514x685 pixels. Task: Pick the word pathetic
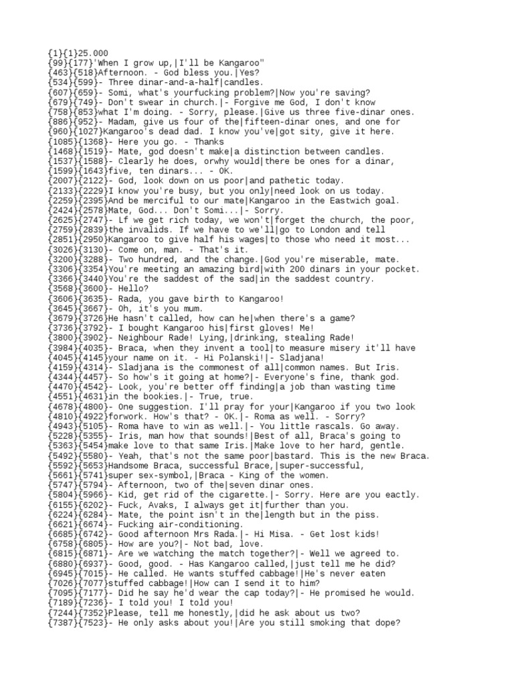285,181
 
